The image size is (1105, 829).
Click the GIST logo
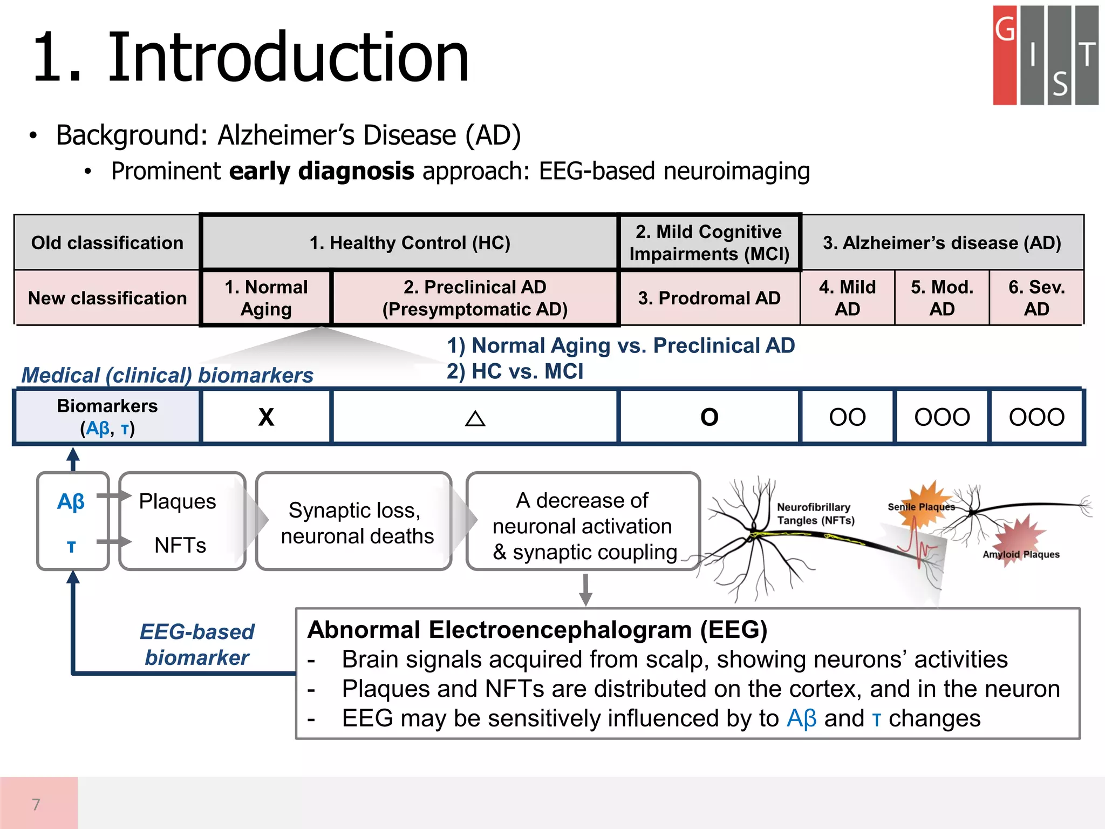point(1045,55)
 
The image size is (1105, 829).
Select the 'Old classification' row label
point(107,243)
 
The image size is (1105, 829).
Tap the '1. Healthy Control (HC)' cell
point(410,243)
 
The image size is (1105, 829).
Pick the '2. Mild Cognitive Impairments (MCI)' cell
point(709,243)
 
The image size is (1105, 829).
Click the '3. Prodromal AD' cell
point(709,298)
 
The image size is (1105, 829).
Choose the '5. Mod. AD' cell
point(942,298)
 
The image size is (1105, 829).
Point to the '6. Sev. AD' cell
point(1036,298)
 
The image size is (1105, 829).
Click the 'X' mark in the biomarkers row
point(266,417)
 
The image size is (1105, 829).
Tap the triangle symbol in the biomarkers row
point(475,418)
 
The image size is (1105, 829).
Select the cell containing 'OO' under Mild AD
point(847,417)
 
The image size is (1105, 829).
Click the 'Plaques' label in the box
point(178,501)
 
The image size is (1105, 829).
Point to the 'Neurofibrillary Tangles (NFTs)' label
point(815,514)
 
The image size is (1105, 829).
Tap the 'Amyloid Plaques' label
point(1020,554)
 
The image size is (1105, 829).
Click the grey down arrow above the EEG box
point(585,590)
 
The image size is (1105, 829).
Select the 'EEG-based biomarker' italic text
point(197,644)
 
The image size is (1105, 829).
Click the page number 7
point(36,804)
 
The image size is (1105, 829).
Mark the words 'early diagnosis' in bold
point(322,171)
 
